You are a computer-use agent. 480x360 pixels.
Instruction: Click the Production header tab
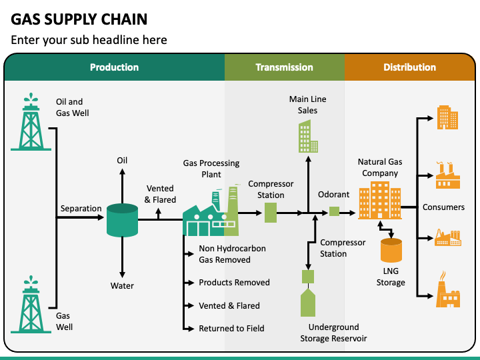click(x=114, y=67)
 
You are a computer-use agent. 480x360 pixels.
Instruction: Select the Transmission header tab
click(x=285, y=67)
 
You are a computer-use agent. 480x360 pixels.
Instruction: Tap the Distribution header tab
click(x=410, y=67)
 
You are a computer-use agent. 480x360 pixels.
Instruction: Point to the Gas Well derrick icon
click(x=31, y=304)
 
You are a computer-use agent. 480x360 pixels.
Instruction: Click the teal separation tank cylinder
click(x=122, y=220)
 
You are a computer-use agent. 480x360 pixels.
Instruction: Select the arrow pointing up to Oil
click(x=122, y=186)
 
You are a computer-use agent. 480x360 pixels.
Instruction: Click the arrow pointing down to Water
click(x=122, y=257)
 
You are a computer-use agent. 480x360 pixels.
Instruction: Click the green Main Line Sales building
click(x=308, y=136)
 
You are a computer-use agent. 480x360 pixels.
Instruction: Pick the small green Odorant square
click(x=334, y=211)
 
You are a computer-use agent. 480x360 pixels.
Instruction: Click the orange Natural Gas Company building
click(x=380, y=200)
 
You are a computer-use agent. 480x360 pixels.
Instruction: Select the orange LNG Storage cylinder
click(x=391, y=250)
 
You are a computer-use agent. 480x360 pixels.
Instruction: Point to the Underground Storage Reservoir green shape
click(x=308, y=303)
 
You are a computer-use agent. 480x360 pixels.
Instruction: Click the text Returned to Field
click(x=231, y=329)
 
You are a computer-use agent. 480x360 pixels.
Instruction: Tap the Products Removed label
click(x=234, y=282)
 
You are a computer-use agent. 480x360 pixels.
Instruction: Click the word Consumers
click(x=443, y=207)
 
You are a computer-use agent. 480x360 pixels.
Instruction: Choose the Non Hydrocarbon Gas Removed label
click(x=233, y=254)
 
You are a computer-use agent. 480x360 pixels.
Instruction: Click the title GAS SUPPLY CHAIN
click(x=79, y=19)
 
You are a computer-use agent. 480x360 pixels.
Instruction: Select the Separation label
click(x=81, y=209)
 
